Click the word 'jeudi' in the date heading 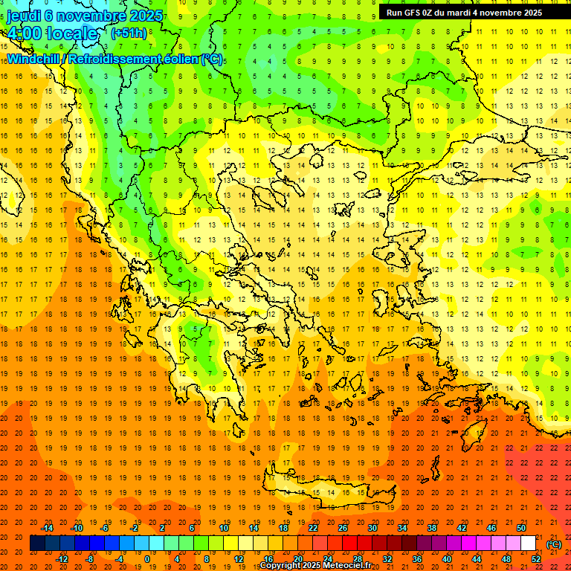tap(23, 16)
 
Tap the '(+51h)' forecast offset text tap(129, 33)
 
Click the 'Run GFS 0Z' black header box tap(464, 13)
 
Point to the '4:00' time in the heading tap(25, 33)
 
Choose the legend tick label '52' tap(536, 559)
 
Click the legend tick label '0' tap(146, 559)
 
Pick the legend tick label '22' tap(313, 528)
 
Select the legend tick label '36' tap(417, 559)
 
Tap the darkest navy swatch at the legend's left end tap(37, 543)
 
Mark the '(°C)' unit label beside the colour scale tap(554, 544)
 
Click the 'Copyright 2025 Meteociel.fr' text tap(315, 566)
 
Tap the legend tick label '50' tap(521, 528)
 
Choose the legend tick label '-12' tap(62, 559)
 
